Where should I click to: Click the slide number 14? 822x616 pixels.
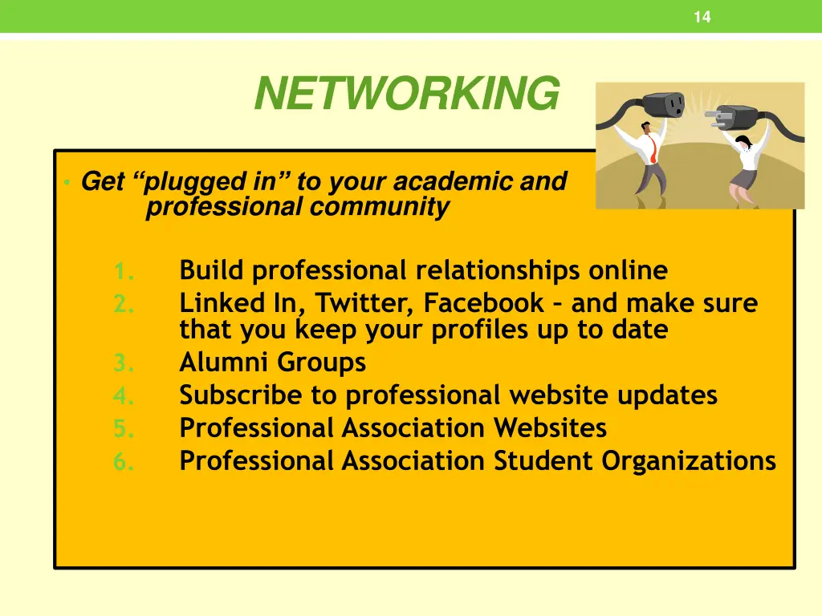pyautogui.click(x=702, y=17)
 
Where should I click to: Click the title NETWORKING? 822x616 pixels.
pyautogui.click(x=406, y=94)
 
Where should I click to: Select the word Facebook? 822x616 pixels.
pyautogui.click(x=484, y=304)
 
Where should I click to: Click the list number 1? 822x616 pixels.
pyautogui.click(x=123, y=272)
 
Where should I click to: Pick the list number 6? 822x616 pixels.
pyautogui.click(x=123, y=461)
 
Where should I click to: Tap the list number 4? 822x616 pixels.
pyautogui.click(x=123, y=395)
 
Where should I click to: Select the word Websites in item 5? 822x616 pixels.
pyautogui.click(x=550, y=428)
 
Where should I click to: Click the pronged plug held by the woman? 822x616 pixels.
pyautogui.click(x=734, y=118)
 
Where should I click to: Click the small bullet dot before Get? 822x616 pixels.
pyautogui.click(x=69, y=183)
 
